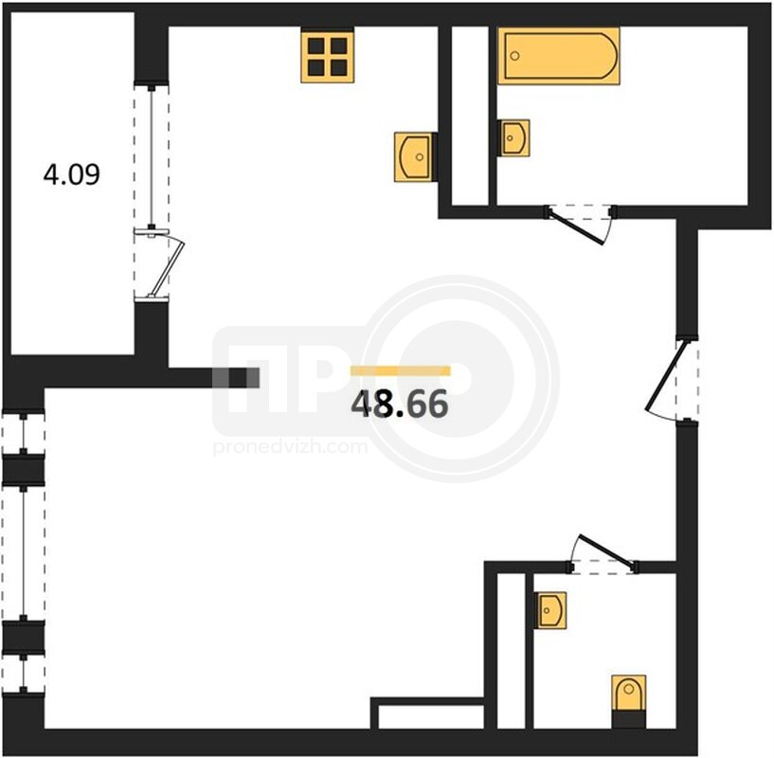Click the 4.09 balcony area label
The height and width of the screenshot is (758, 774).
tap(72, 173)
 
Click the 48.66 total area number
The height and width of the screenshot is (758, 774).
tap(400, 404)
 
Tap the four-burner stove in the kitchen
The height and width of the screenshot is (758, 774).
tap(327, 57)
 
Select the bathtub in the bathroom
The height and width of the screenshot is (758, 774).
tap(558, 56)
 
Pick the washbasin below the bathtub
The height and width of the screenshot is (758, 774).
tap(513, 137)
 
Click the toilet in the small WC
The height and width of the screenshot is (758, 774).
tap(628, 693)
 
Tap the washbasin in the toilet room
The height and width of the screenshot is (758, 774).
tap(549, 610)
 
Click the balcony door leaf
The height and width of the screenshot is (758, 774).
tap(167, 266)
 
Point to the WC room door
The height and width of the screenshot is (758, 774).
tap(606, 550)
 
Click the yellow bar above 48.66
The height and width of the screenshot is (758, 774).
tap(401, 370)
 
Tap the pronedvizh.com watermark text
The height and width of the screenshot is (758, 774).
tap(290, 447)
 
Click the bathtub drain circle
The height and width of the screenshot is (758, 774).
tap(514, 56)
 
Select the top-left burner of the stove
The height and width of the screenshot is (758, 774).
tap(315, 45)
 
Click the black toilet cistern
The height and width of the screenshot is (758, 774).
tap(628, 719)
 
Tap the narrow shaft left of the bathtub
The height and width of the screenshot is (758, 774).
tap(470, 115)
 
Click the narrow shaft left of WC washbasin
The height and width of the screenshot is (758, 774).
tap(511, 651)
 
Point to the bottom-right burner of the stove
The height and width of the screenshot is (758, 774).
tap(338, 67)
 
